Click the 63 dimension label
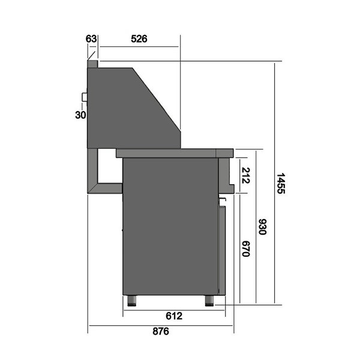click(x=91, y=39)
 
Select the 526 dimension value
click(x=139, y=39)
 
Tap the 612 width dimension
click(x=174, y=316)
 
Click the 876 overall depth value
click(x=160, y=331)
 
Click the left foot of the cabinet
click(x=132, y=299)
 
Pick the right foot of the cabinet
click(x=210, y=299)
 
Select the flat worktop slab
click(x=174, y=153)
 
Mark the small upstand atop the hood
click(x=92, y=63)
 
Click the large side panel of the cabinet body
click(x=170, y=228)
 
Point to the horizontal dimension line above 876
click(x=160, y=325)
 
